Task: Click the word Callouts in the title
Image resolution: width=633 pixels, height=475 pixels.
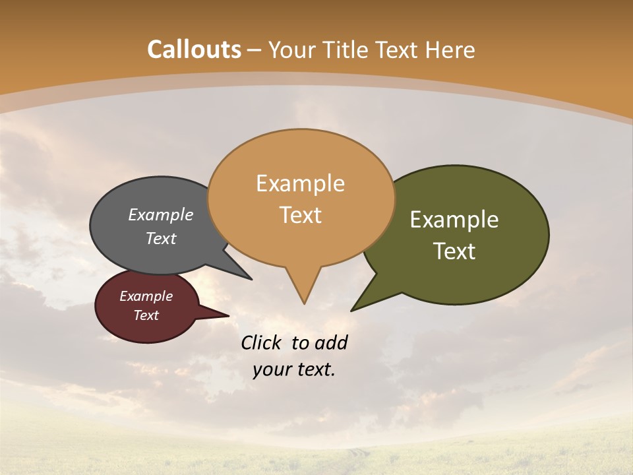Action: coord(194,49)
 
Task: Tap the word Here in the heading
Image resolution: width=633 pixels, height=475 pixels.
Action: coord(450,50)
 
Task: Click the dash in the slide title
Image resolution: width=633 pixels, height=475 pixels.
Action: coord(255,50)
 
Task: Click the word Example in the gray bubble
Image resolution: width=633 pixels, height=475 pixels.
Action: coord(160,215)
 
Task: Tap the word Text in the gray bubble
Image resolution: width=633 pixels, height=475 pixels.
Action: coord(161,239)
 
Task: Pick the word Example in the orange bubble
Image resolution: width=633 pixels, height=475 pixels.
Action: coord(300,183)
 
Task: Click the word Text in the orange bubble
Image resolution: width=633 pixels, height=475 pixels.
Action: coord(300,215)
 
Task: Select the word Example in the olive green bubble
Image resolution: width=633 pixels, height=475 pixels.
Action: coord(454,220)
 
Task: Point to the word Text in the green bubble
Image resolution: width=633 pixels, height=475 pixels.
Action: coord(454,251)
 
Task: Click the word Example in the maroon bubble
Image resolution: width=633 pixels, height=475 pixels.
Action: coord(146,296)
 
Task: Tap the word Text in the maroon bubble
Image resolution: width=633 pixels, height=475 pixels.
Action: coord(146,315)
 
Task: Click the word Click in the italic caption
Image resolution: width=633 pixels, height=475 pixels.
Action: coord(262,342)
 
